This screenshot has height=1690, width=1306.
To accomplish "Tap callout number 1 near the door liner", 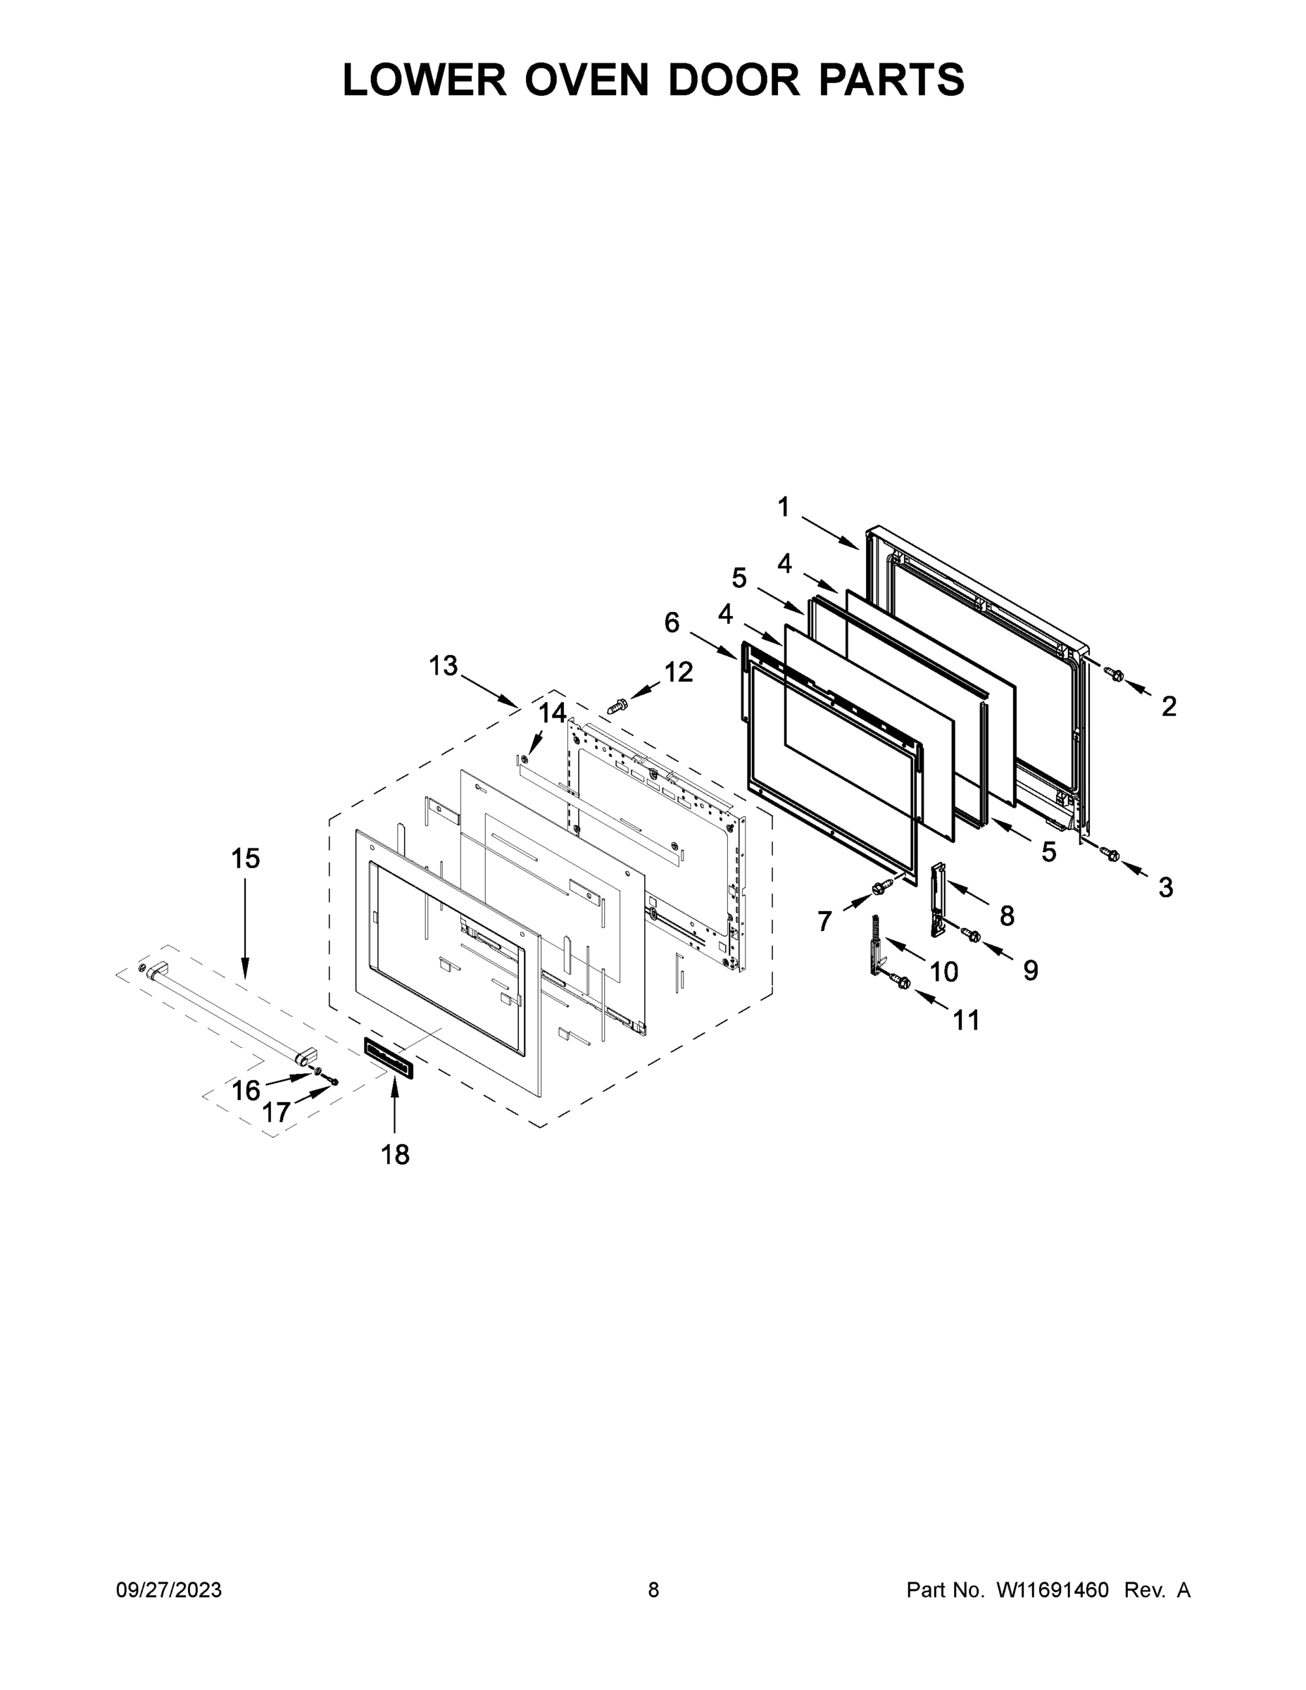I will (783, 508).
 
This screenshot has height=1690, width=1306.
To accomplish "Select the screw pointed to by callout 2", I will (1116, 674).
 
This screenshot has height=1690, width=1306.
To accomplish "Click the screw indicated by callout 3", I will (1112, 854).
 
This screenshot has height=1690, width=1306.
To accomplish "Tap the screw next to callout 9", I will (972, 937).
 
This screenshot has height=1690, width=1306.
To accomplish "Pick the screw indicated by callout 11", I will (902, 982).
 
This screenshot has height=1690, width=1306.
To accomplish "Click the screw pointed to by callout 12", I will (617, 706).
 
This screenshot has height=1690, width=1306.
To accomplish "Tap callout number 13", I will (444, 665).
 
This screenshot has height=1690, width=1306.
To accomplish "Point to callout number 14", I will (553, 713).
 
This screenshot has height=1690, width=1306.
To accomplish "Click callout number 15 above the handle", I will (246, 858).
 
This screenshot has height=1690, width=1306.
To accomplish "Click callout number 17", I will (275, 1113).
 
